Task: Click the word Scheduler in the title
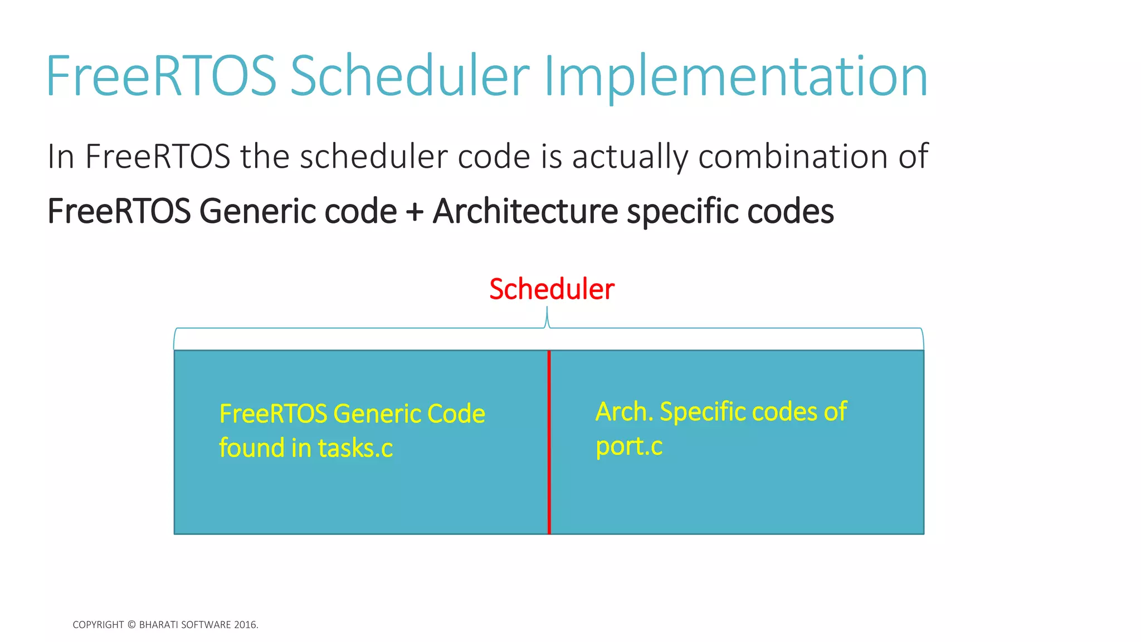(x=409, y=76)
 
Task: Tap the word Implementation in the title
(x=735, y=76)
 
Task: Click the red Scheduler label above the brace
(x=552, y=289)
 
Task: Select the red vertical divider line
(x=549, y=446)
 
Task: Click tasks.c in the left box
(x=355, y=448)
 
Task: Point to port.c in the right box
(x=629, y=446)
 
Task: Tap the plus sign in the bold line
(x=415, y=212)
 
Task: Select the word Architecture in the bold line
(x=525, y=212)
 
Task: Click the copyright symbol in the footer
(x=131, y=625)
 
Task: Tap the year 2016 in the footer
(x=245, y=625)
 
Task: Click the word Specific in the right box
(x=703, y=412)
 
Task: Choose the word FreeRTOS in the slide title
(x=161, y=76)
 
